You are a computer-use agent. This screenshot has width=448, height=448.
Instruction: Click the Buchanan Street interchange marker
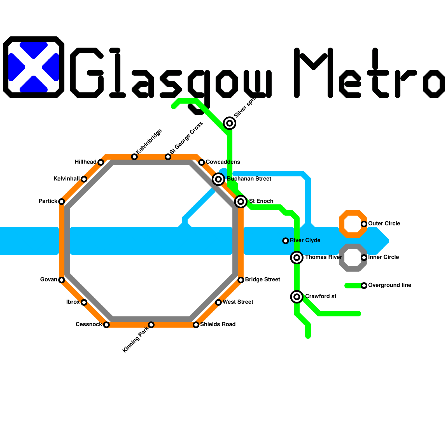218,179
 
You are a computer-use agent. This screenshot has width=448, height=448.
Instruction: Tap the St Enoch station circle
241,201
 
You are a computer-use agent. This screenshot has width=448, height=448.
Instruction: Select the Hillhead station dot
101,162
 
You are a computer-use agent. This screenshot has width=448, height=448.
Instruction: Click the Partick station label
48,201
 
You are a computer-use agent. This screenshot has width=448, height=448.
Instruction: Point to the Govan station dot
62,280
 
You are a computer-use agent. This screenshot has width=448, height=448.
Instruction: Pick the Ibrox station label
73,302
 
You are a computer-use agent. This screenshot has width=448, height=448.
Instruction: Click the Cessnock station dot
106,325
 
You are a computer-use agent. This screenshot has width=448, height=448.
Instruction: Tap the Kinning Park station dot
151,325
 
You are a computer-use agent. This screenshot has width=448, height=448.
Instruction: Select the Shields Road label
218,324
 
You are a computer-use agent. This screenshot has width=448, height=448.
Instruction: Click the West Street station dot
218,302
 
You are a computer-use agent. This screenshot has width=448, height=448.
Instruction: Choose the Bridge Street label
262,279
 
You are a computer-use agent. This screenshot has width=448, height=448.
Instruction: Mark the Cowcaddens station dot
202,162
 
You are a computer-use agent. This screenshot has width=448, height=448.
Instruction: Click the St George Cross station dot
168,157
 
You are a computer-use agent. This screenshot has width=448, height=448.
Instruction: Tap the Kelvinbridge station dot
134,157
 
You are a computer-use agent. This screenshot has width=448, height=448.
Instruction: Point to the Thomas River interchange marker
297,257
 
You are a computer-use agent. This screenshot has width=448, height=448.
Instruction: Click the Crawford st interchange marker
297,297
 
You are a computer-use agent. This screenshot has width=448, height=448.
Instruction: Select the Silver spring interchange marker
230,123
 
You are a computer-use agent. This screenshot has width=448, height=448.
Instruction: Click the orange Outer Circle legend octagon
353,224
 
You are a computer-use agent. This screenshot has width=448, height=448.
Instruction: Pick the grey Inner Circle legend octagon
353,257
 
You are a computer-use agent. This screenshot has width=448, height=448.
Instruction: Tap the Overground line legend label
389,285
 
